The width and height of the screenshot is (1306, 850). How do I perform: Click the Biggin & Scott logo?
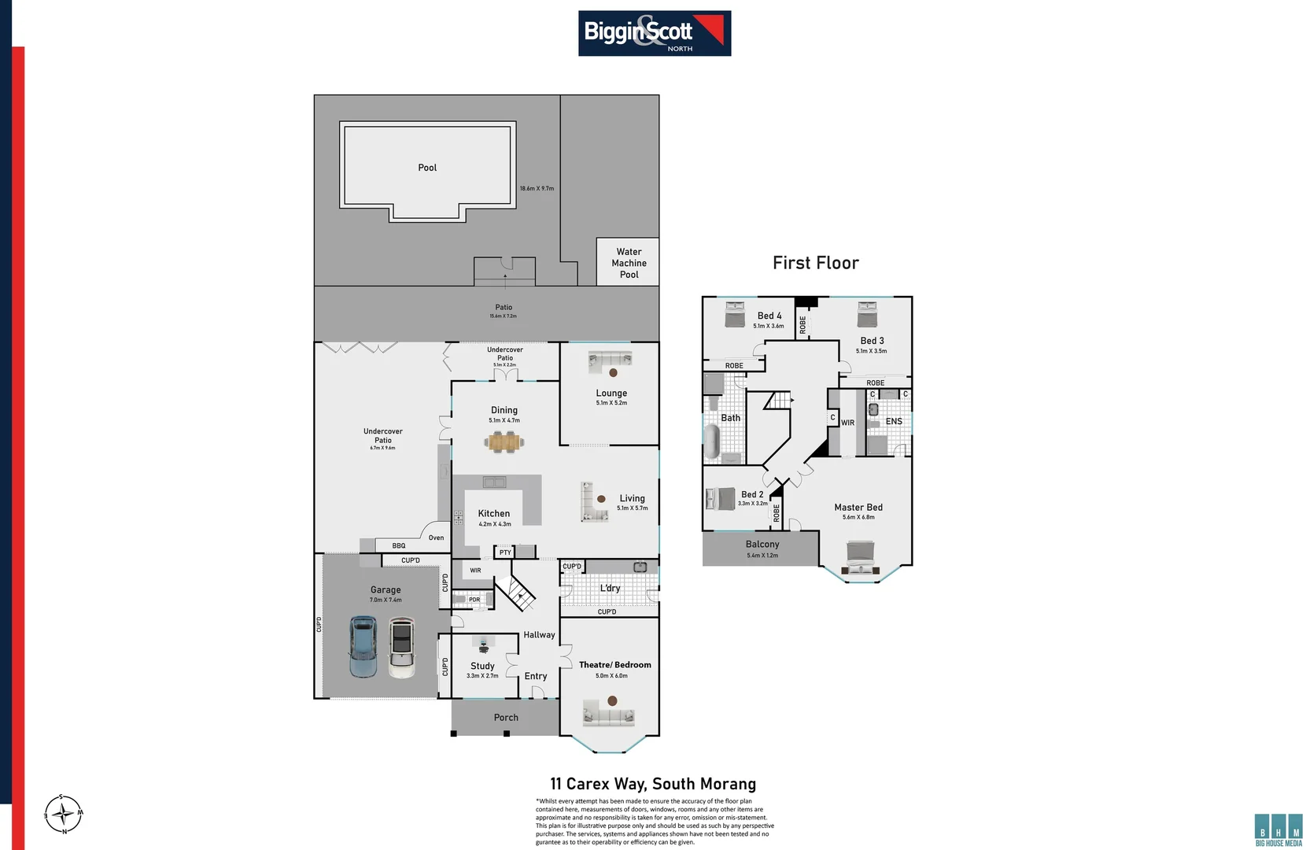point(654,33)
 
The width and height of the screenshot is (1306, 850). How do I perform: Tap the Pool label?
point(427,168)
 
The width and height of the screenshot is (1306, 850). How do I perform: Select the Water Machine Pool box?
point(628,262)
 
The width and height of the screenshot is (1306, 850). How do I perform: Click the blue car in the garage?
point(363,646)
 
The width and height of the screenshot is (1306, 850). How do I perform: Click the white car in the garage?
point(401,648)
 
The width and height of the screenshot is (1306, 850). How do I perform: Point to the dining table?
point(504,442)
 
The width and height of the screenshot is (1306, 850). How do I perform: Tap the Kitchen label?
point(494,513)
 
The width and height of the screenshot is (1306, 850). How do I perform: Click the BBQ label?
point(399,545)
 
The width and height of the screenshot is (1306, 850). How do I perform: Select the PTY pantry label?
point(505,552)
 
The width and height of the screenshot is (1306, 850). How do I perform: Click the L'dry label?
point(610,588)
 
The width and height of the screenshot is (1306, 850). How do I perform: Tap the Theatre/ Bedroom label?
point(614,665)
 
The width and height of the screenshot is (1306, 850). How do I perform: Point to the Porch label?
point(506,718)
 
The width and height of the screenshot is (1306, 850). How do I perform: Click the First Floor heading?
point(815,263)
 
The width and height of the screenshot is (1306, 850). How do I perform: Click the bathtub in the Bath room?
point(712,442)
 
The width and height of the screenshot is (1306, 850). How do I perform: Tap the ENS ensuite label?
point(894,422)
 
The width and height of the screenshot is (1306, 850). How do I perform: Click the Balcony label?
point(762,545)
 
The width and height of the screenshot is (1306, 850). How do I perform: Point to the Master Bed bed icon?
point(860,557)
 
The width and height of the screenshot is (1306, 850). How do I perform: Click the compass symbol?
point(63,814)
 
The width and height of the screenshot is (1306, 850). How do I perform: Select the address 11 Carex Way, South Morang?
point(653,784)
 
